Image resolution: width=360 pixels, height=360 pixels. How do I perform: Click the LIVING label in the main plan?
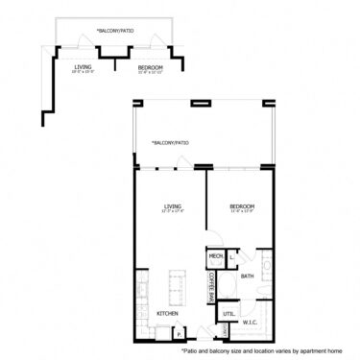pos(173,205)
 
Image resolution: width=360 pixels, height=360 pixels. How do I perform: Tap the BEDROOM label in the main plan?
pos(241,205)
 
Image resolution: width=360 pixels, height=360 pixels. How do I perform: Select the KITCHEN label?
pos(168,313)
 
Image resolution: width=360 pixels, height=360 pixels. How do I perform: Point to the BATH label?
pos(247,276)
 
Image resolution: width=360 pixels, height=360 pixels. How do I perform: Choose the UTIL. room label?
pos(228,314)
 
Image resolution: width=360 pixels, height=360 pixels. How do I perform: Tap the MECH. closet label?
pos(215,256)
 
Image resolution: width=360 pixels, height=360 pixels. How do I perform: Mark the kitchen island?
pos(178,284)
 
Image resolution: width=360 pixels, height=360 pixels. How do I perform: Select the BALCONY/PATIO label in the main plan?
pos(170,143)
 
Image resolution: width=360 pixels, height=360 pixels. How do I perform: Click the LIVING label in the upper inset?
pos(84,66)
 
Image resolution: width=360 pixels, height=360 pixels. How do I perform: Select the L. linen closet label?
pos(233,255)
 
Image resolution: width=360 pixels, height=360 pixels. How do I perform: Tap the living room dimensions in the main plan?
pos(173,211)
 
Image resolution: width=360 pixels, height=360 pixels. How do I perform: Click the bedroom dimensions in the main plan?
pos(241,211)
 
